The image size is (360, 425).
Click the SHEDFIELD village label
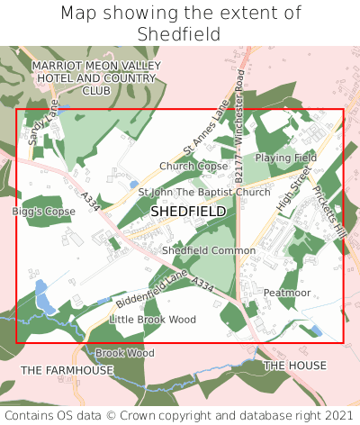tap(188, 211)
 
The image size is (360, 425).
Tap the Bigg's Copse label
tap(44, 212)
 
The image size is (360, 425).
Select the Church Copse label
tap(193, 167)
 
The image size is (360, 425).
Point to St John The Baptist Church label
tap(203, 193)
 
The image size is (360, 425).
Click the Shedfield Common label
tap(209, 250)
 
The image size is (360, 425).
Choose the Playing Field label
tap(285, 158)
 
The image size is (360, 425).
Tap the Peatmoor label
tap(287, 294)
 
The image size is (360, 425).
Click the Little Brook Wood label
tap(152, 320)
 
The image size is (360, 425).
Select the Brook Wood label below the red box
tap(125, 353)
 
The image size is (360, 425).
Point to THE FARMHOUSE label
tap(67, 370)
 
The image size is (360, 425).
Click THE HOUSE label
tap(295, 366)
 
